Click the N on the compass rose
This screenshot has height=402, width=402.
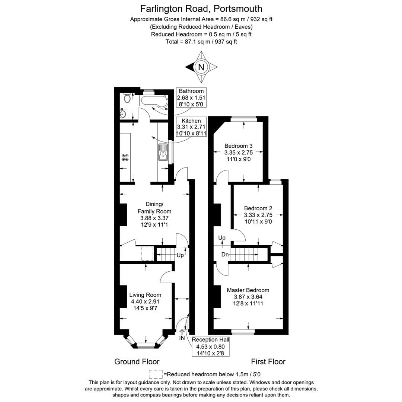coord(201,67)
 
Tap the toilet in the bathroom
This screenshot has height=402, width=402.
coord(127,98)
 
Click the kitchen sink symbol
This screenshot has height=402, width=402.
coord(163,152)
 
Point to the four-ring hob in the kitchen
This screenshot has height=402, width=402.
coord(125,157)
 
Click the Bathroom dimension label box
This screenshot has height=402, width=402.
coord(191,98)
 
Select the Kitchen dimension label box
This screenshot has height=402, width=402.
coord(191,127)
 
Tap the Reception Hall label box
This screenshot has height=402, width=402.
coord(210,346)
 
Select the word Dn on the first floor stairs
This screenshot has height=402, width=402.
coord(225,255)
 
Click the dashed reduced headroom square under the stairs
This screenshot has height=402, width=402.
coord(147,253)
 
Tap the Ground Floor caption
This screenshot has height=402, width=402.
coord(137,361)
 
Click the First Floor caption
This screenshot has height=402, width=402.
coord(268,361)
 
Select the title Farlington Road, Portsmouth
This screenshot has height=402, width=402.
coord(201,9)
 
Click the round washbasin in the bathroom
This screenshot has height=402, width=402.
coord(123,114)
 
